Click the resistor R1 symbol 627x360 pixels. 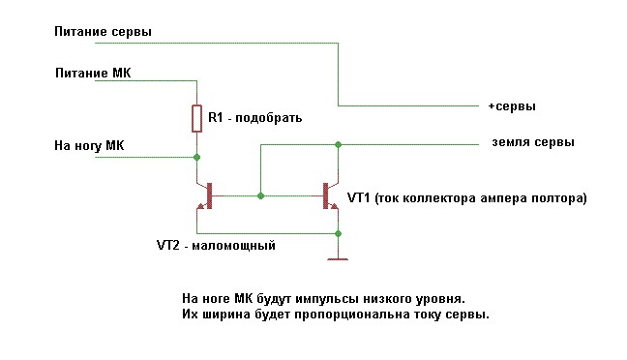tap(196, 118)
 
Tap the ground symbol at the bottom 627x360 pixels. tap(338, 259)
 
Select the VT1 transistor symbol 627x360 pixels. tap(330, 196)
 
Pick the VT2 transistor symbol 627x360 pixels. tap(204, 196)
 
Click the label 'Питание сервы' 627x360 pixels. tap(104, 32)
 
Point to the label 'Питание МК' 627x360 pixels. tap(93, 73)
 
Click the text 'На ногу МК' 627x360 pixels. tap(89, 145)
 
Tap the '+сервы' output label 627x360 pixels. tap(512, 106)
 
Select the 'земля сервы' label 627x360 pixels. tap(533, 142)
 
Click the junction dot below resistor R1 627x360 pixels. tap(196, 157)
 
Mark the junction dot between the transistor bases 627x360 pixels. tap(260, 196)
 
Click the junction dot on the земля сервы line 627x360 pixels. tap(338, 144)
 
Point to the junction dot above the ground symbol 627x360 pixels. tap(338, 233)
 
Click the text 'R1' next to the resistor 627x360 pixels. tap(215, 118)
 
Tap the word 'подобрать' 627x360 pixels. tap(269, 118)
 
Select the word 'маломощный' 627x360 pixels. tap(234, 245)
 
